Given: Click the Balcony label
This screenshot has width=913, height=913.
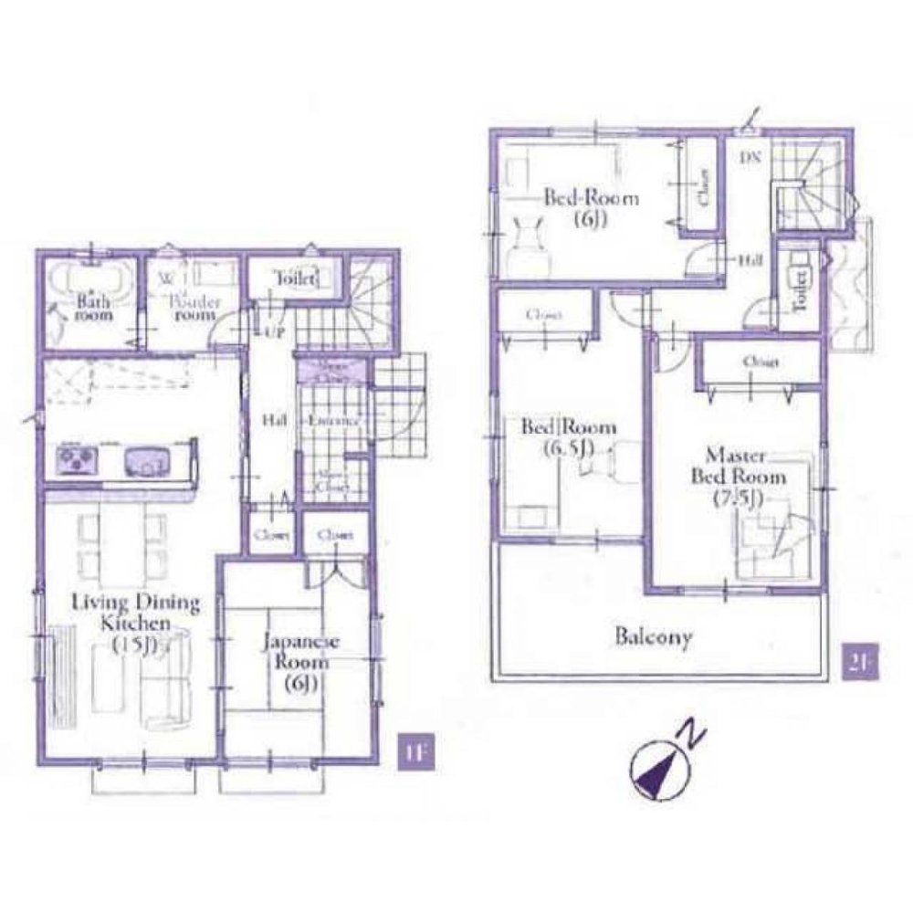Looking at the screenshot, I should (652, 636).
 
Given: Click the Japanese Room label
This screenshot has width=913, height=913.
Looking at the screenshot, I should (300, 663).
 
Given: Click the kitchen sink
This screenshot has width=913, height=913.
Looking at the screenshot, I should (146, 459).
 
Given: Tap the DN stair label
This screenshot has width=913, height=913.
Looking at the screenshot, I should (750, 157).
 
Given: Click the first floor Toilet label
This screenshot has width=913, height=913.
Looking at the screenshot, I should (294, 278).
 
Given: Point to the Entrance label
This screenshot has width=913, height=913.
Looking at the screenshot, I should (331, 422).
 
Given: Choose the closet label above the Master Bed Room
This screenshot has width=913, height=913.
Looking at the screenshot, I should (761, 362).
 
